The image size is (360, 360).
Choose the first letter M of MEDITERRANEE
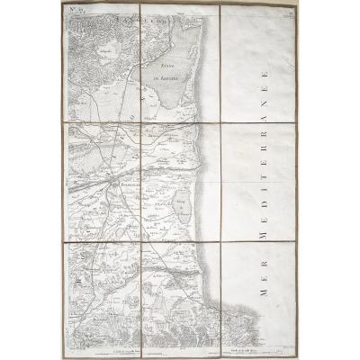(262, 235)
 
